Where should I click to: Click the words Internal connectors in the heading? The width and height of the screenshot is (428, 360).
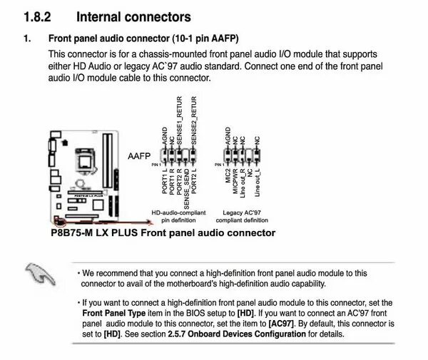click(133, 16)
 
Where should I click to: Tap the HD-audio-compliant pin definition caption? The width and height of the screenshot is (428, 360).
click(178, 216)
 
